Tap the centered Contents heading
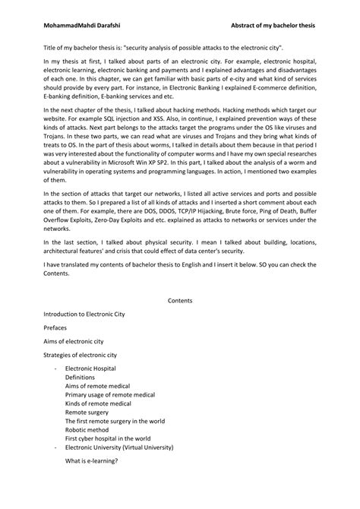[x=180, y=300]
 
